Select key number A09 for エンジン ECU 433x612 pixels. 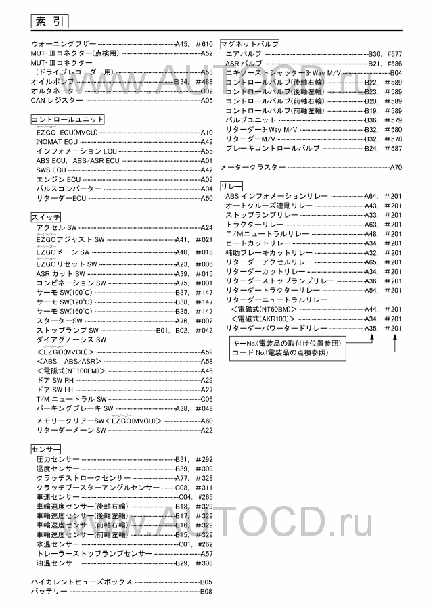coord(207,180)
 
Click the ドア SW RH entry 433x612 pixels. coord(55,381)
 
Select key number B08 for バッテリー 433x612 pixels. coord(206,592)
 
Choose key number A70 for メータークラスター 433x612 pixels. coord(396,166)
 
